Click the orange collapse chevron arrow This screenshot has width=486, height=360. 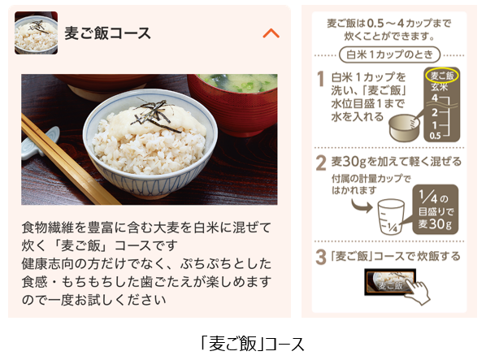(271, 33)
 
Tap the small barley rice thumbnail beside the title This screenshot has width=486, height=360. (36, 33)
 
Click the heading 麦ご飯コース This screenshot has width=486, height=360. (107, 33)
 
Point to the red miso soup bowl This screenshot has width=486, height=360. (236, 102)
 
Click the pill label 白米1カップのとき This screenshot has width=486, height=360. (389, 54)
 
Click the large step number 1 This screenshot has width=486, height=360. (321, 78)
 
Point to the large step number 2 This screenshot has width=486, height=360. (321, 163)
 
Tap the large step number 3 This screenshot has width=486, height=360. (321, 257)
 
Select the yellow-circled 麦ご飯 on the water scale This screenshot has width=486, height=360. (442, 76)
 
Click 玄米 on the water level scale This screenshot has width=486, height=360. (440, 87)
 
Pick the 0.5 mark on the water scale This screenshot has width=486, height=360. (435, 136)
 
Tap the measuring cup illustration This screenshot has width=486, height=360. (391, 216)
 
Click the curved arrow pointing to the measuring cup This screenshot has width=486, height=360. (362, 206)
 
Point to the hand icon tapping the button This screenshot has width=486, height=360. (418, 290)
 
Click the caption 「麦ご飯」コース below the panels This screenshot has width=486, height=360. (253, 344)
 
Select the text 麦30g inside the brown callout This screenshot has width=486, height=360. (435, 223)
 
